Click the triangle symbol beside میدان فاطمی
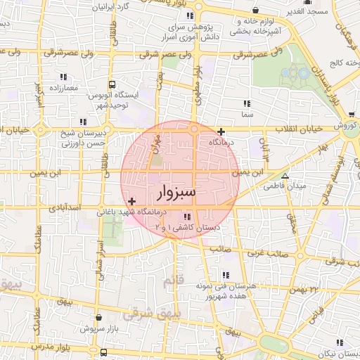coord(285,176)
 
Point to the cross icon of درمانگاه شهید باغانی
coord(131,202)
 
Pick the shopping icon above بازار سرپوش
coord(98,318)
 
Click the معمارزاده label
coord(42,89)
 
